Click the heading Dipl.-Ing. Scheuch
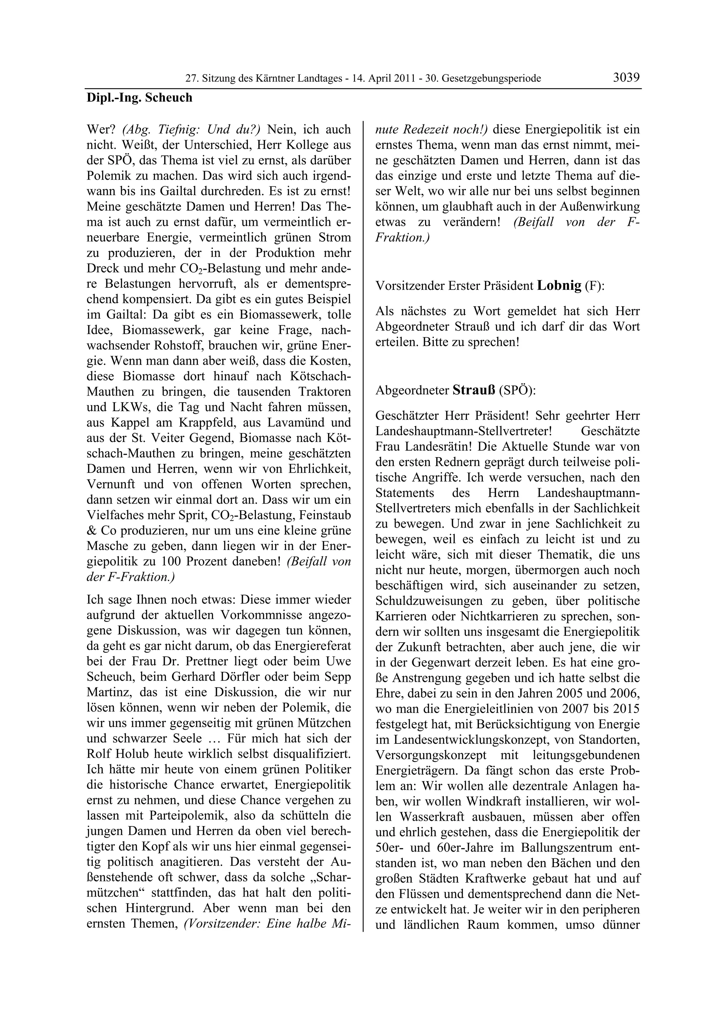[x=139, y=97]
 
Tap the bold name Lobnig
[x=559, y=285]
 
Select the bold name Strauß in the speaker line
[x=474, y=390]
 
